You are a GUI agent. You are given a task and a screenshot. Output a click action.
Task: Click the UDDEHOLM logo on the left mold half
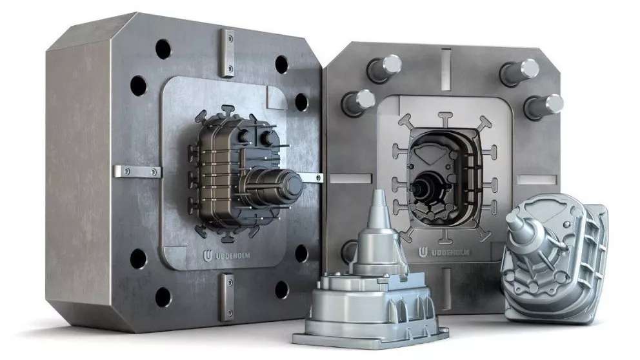click(x=226, y=256)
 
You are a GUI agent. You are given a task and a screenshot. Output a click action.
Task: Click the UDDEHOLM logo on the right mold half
click(x=444, y=252)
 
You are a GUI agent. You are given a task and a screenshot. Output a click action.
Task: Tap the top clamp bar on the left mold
click(x=227, y=54)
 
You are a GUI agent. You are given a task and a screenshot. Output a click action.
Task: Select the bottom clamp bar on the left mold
click(x=227, y=297)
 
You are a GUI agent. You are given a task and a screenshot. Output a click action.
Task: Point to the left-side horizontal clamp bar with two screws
click(x=137, y=172)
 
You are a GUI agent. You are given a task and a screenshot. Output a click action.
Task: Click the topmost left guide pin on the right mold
click(x=384, y=68)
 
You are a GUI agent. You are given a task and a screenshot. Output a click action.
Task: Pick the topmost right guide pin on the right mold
click(x=519, y=72)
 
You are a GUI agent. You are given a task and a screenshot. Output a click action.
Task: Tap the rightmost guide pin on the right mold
click(x=544, y=106)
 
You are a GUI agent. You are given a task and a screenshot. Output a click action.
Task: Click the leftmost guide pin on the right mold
click(x=358, y=103)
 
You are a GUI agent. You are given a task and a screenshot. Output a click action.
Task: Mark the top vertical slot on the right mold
click(x=446, y=68)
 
